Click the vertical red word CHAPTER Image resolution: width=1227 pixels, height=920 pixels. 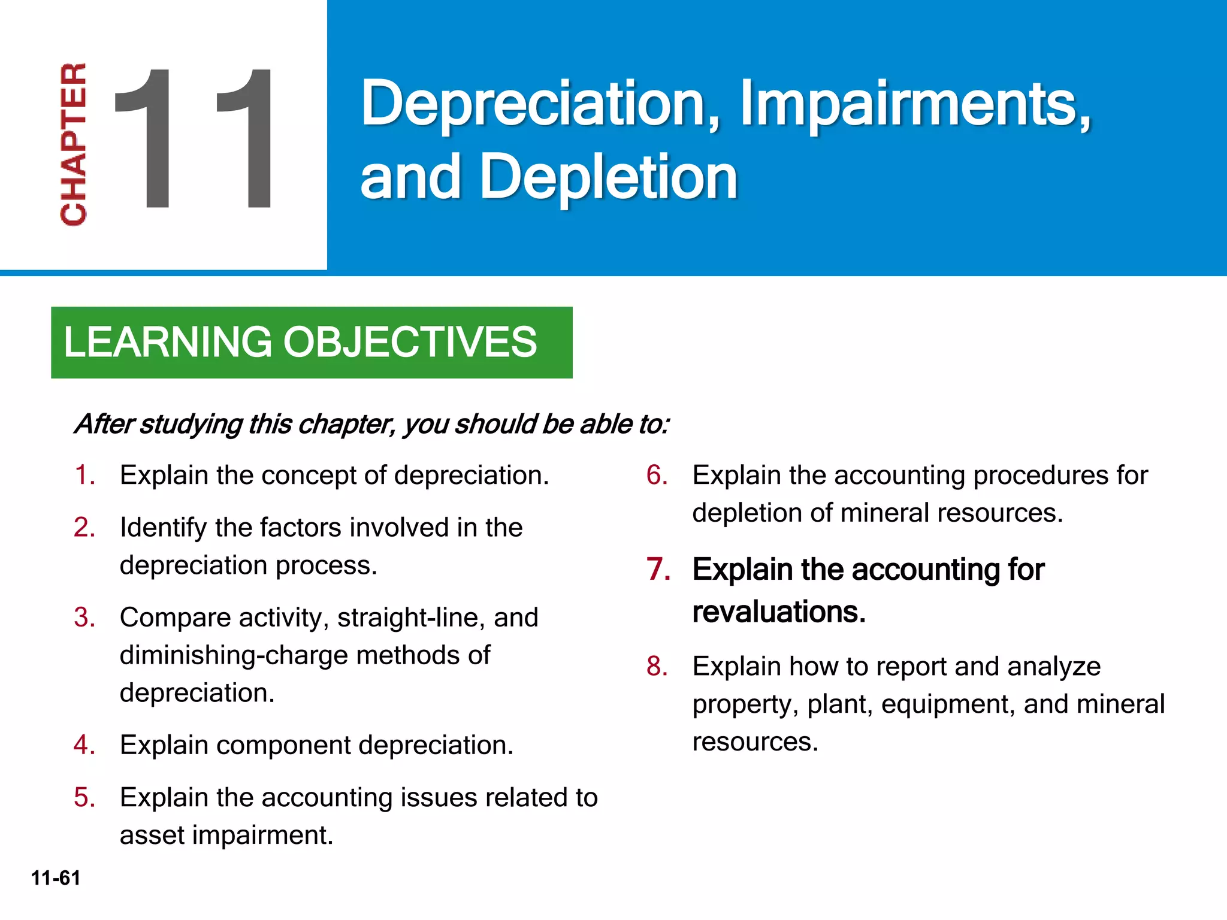click(x=74, y=144)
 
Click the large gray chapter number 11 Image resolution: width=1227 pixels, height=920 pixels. click(x=193, y=138)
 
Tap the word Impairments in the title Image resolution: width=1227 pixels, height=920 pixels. click(x=915, y=104)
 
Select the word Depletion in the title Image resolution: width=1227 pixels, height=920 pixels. click(x=608, y=177)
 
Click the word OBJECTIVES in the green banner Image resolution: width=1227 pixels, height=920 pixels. click(x=410, y=342)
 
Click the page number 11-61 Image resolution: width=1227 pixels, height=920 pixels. click(x=56, y=878)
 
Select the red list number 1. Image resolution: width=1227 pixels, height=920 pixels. click(x=84, y=476)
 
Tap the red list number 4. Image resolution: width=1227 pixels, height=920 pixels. click(x=84, y=745)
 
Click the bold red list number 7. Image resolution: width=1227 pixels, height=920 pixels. click(x=658, y=570)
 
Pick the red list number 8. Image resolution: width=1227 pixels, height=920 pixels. click(x=657, y=667)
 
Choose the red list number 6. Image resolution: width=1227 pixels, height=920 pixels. click(x=657, y=476)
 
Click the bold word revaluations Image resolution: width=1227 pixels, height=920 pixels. click(x=779, y=612)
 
